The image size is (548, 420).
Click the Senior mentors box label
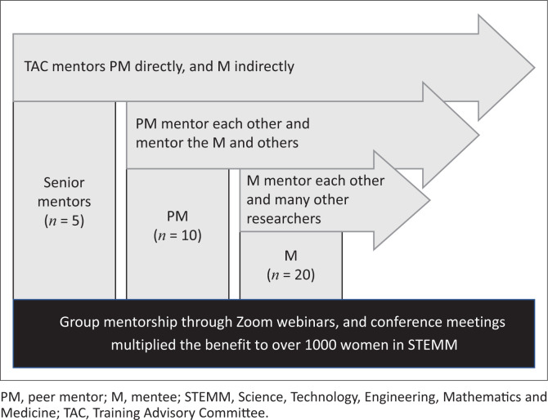click(65, 193)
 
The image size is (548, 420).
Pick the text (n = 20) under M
click(290, 273)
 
